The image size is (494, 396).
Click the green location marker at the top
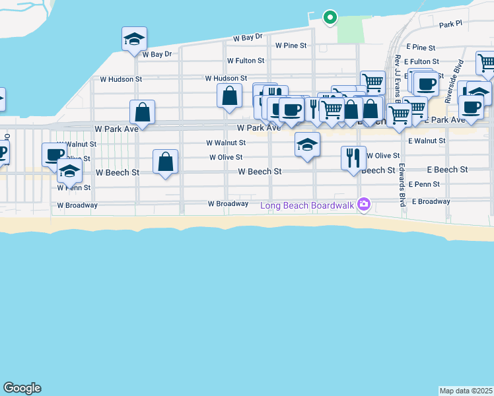[x=330, y=18]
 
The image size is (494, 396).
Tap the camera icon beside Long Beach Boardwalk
[x=363, y=205]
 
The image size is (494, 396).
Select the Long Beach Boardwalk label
[x=307, y=205]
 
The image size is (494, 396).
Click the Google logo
[x=22, y=388]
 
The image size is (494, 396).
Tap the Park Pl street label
[x=452, y=25]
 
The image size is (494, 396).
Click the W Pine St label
[x=291, y=46]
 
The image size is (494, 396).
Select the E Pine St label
[x=421, y=48]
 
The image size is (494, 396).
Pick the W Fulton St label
[x=246, y=60]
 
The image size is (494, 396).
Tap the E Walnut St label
[x=427, y=141]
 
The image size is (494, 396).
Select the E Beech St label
[x=447, y=170]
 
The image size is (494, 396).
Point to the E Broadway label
[x=431, y=201]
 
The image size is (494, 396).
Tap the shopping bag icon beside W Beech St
[x=165, y=162]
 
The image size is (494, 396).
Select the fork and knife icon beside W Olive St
[x=353, y=158]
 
